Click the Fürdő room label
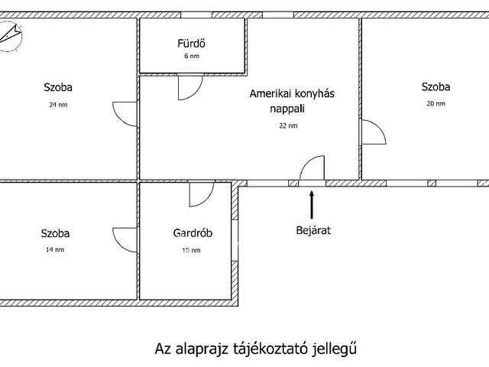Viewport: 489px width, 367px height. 192,44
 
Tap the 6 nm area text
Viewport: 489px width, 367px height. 192,56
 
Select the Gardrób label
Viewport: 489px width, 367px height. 193,233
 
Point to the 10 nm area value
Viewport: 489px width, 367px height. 192,250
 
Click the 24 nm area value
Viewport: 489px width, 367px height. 58,105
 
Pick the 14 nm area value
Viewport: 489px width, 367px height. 55,250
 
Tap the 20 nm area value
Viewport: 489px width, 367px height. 436,104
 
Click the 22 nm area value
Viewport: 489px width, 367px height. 289,125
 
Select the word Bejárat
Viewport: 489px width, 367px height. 313,231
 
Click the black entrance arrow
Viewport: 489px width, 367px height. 312,205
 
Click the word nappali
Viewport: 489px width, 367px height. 287,109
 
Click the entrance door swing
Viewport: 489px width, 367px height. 306,162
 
